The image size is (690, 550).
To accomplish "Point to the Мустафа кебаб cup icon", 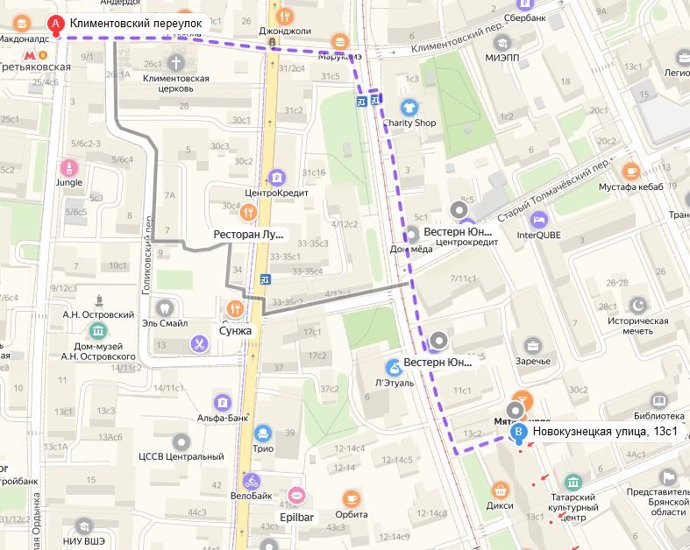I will (x=629, y=171).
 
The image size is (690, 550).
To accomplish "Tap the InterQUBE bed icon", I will (x=539, y=217).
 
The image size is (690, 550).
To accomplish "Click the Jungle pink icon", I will (x=68, y=166).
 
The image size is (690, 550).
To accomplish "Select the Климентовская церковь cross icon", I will (x=175, y=62).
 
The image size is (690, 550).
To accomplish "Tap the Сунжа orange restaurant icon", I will (x=235, y=307).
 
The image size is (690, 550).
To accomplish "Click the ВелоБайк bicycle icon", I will (x=253, y=481).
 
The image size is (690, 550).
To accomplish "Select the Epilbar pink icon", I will (x=296, y=496).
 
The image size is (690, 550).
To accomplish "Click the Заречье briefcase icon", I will (x=532, y=344).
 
